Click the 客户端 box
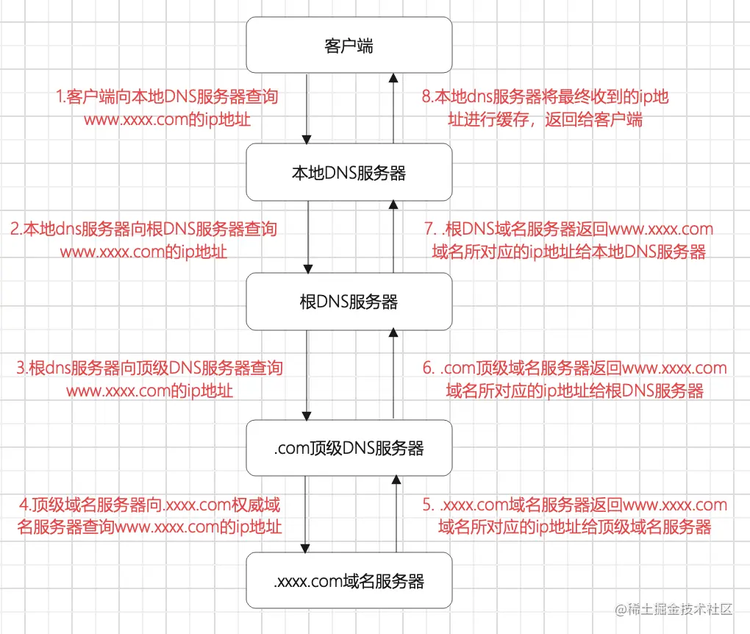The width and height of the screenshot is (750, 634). click(349, 46)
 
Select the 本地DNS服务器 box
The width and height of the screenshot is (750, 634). click(349, 173)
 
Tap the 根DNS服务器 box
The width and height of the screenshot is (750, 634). click(349, 302)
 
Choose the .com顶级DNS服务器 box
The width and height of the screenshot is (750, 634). click(349, 447)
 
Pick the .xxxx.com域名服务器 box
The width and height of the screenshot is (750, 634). click(349, 581)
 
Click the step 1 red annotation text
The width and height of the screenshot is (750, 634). click(168, 107)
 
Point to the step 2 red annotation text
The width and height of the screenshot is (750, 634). click(144, 240)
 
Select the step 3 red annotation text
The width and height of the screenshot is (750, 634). click(150, 379)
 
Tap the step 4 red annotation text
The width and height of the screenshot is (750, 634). click(150, 516)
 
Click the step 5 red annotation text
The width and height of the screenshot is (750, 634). click(576, 516)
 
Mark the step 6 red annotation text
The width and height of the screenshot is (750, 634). click(575, 379)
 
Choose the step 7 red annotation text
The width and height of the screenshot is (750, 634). click(570, 240)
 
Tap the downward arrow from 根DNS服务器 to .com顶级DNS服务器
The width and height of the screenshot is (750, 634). click(307, 375)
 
